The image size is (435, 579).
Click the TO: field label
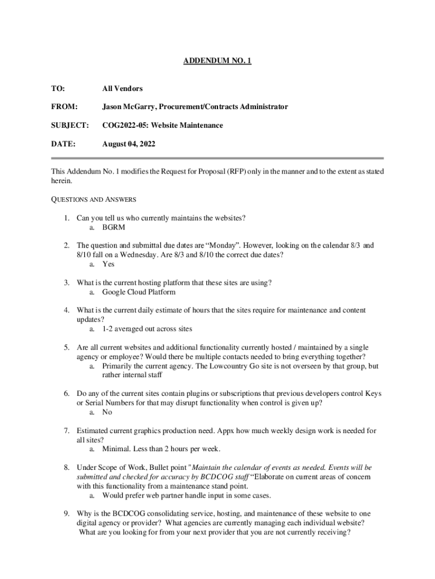pos(58,89)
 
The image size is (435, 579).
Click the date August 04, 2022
pos(128,144)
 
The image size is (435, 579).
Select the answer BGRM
pos(114,227)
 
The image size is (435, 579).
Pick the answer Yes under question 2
pos(108,264)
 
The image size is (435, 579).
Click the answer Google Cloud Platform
pos(138,292)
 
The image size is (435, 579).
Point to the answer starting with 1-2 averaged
pos(147,329)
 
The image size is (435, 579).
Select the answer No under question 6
pos(107,412)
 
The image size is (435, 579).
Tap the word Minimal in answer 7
pos(116,449)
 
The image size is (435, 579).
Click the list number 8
pos(66,468)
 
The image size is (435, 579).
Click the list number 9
pos(66,513)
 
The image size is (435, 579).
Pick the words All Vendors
pos(122,89)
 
